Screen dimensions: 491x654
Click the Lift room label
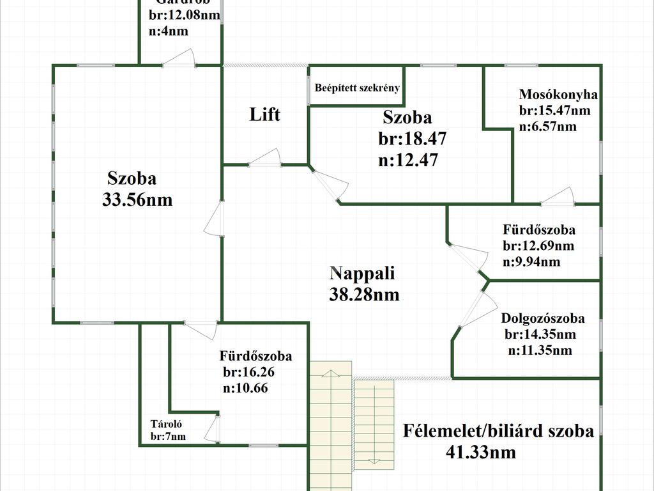coord(264,115)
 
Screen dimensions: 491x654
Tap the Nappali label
coord(362,274)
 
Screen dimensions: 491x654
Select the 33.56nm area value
coord(137,199)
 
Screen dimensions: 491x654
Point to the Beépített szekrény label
coord(358,88)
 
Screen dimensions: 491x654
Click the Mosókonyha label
coord(558,95)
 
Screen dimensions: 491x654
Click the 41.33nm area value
coord(480,453)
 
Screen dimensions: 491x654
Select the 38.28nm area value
coord(364,294)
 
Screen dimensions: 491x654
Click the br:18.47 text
coord(412,139)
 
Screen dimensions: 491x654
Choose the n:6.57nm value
coord(547,127)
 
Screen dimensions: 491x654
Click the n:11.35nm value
coord(540,350)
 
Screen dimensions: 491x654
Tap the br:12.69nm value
coord(538,245)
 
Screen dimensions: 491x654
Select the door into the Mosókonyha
coord(558,197)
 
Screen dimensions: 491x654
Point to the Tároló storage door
coord(214,429)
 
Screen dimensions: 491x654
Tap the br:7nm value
coord(168,437)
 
